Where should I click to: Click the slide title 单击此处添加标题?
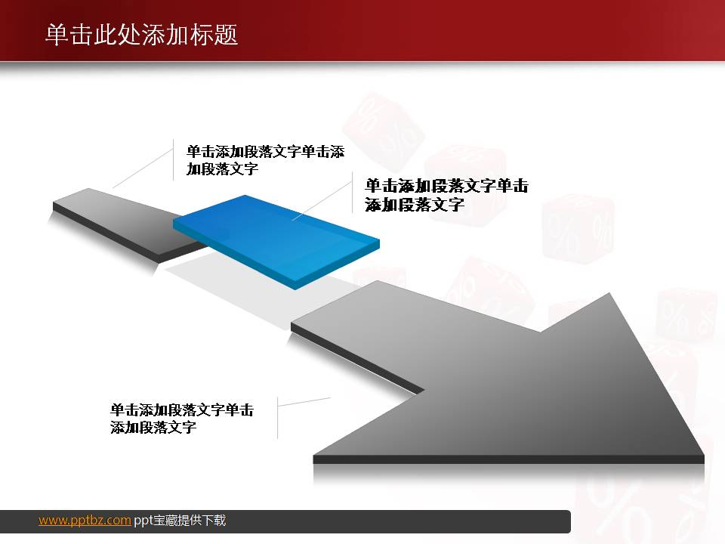(142, 35)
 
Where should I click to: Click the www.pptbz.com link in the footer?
(85, 520)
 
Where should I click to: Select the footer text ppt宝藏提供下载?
(180, 520)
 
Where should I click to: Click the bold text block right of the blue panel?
(446, 195)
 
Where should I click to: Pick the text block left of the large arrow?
(181, 419)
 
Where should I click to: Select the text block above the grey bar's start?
(264, 160)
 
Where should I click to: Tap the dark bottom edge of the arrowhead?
(506, 459)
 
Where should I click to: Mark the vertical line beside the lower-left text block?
(277, 417)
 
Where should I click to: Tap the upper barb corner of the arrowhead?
(611, 294)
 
